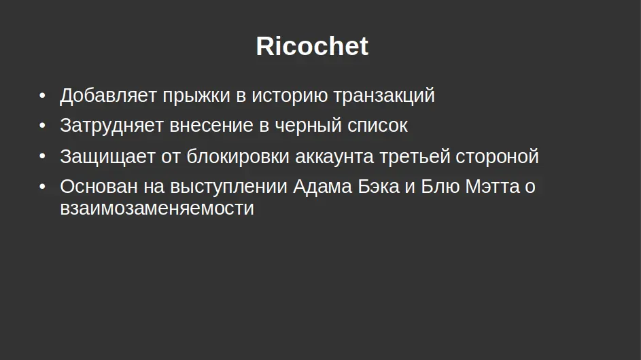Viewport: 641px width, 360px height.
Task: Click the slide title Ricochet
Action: click(312, 46)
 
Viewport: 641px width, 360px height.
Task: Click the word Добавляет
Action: click(108, 96)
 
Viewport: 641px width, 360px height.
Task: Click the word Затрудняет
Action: click(111, 126)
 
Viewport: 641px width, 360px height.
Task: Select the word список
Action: click(378, 126)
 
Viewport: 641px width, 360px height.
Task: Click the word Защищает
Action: click(107, 157)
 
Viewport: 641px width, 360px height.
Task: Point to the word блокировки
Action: click(238, 156)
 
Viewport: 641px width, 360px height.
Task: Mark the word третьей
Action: click(415, 156)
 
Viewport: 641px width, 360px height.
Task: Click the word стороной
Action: click(497, 156)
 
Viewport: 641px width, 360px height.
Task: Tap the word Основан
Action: click(99, 186)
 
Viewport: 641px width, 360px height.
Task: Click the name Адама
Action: click(322, 187)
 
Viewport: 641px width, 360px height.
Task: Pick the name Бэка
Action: click(379, 187)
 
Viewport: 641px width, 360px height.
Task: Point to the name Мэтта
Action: click(492, 187)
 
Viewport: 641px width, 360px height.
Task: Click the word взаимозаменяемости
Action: click(157, 209)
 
